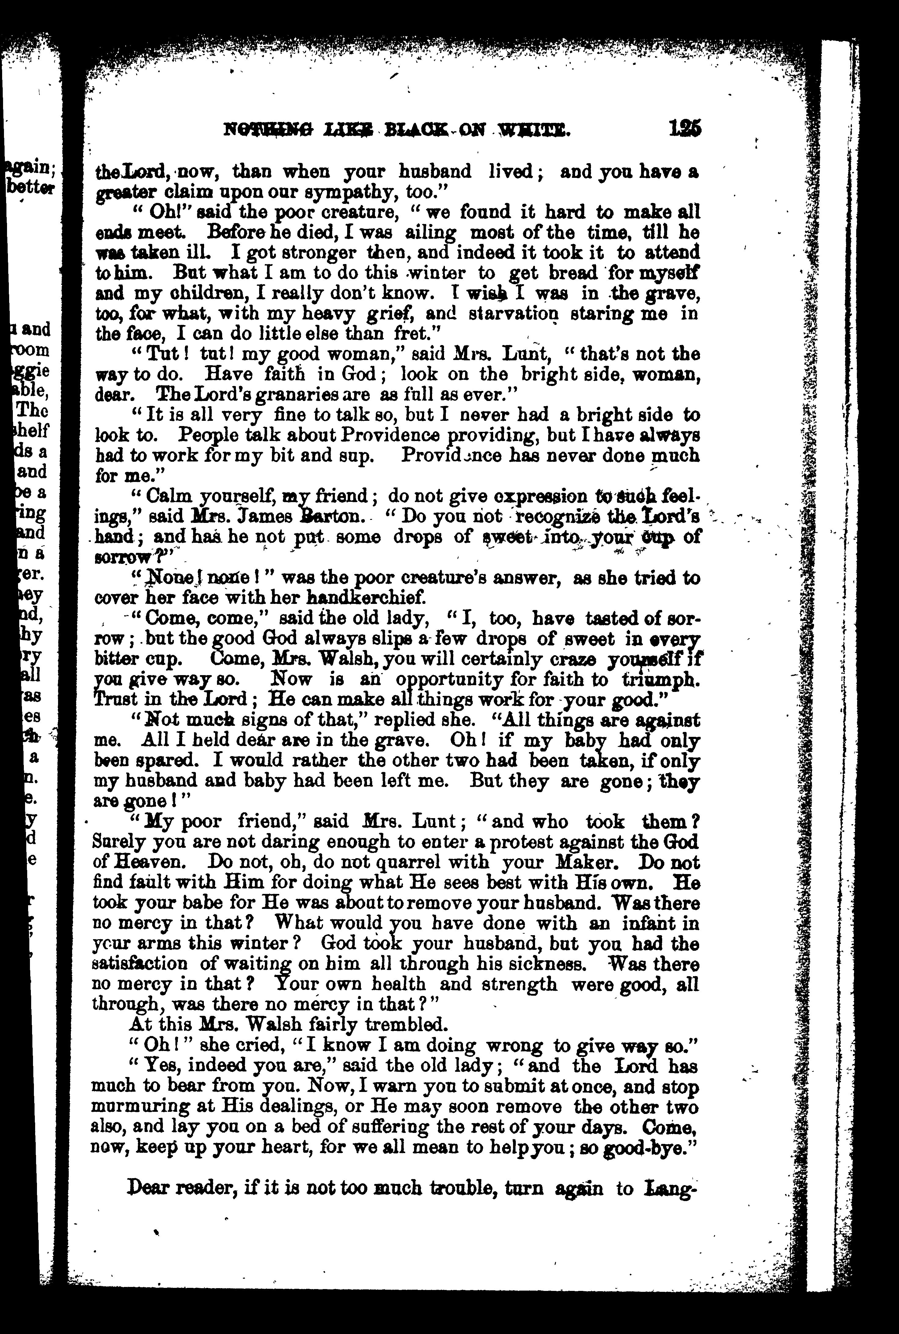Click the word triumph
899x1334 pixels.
point(660,681)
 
